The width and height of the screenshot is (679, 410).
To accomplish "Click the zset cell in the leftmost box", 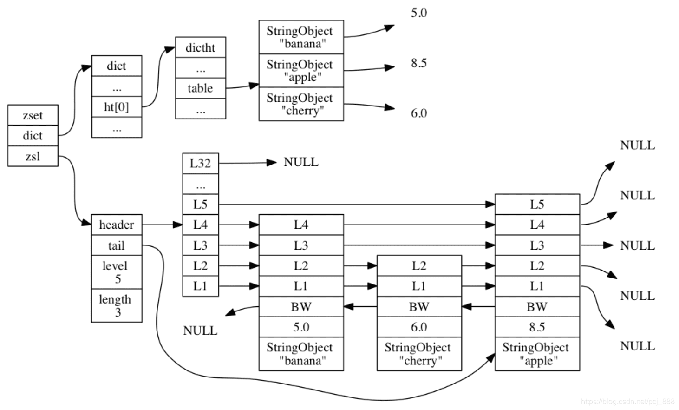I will [x=33, y=115].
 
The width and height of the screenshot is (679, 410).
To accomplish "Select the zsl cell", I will [x=33, y=156].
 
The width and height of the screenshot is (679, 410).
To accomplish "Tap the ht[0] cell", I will [x=117, y=107].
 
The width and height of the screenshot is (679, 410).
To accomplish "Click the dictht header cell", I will [x=200, y=47].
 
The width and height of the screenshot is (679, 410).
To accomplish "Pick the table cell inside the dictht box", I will [x=200, y=88].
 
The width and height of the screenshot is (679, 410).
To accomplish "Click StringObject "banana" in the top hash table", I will [x=301, y=37].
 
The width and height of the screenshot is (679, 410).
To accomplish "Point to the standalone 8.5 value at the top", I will [x=418, y=63].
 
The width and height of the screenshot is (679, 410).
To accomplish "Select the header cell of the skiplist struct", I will [x=117, y=225].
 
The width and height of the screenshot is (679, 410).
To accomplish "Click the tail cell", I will [x=117, y=245].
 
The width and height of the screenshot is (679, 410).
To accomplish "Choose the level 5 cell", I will [x=117, y=272].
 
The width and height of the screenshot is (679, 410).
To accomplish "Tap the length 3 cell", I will [x=117, y=305].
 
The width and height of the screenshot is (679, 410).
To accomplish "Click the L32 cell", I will [x=200, y=164].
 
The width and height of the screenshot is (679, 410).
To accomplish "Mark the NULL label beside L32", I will [x=301, y=162].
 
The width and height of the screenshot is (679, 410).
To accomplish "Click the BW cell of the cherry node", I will [x=419, y=307].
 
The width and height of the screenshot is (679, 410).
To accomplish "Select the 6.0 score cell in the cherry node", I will [x=419, y=327].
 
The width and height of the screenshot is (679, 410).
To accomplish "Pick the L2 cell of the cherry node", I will [x=419, y=266].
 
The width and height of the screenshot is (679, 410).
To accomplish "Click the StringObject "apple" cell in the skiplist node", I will [x=537, y=354].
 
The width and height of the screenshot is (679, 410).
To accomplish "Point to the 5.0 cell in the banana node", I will [x=301, y=327].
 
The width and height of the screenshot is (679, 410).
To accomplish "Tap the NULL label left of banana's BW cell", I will [x=200, y=331].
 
